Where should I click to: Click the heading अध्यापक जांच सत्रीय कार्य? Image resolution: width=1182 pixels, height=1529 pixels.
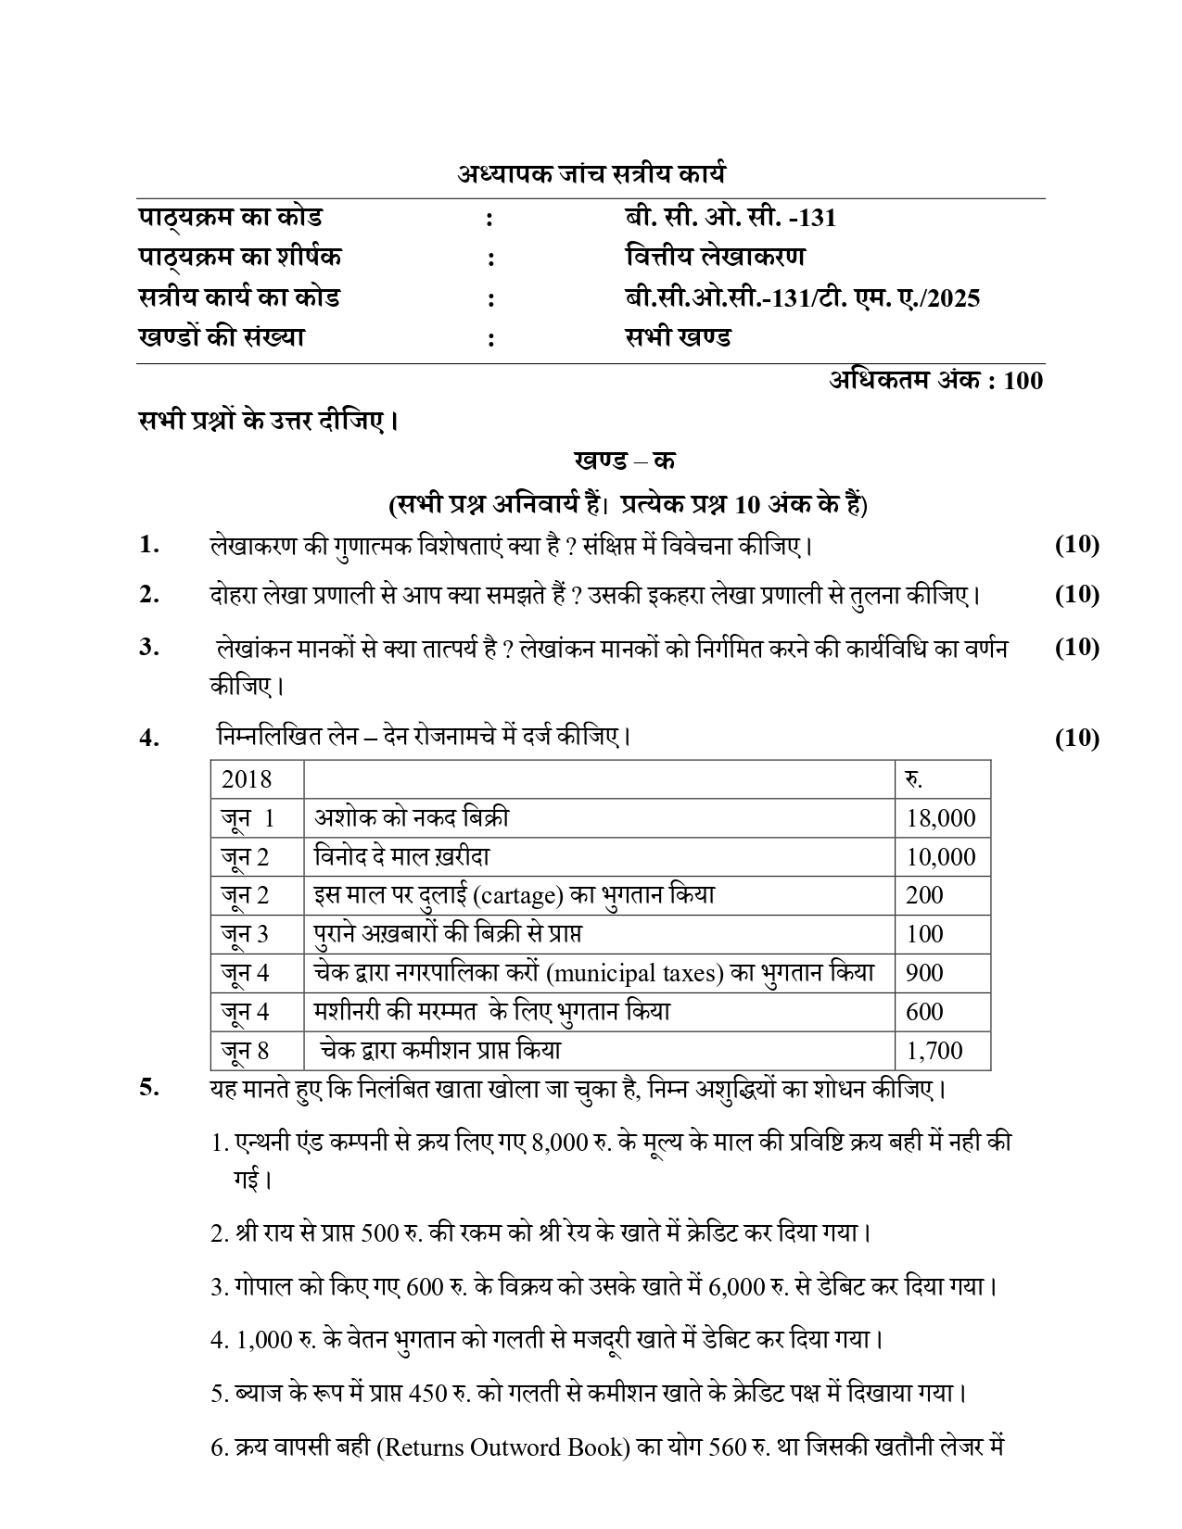coord(591,173)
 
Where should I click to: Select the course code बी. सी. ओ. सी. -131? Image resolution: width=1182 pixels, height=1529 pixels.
coord(731,218)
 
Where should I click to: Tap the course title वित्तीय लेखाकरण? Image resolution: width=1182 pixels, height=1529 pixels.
coord(715,257)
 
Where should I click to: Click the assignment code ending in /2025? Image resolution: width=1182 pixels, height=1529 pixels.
coord(802,297)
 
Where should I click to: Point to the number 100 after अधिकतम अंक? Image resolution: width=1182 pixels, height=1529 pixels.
coord(1023,380)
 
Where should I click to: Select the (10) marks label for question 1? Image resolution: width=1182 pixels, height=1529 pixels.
coord(1076,544)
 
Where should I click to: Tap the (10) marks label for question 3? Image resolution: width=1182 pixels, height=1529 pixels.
coord(1076,647)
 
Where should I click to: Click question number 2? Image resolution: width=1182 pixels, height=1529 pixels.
coord(149,594)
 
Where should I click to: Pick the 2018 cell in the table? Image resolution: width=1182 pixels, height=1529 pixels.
coord(247,779)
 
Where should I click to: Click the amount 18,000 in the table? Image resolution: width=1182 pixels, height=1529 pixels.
coord(940,818)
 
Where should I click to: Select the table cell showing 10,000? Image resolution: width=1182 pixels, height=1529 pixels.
coord(940,857)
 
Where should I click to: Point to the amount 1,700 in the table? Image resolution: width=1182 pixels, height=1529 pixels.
coord(934,1051)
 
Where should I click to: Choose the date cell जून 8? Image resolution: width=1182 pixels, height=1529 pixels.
coord(246,1051)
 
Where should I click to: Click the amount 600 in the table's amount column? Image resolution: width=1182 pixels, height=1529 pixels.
coord(924,1012)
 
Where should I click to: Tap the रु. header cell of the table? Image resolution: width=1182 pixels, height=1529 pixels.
coord(913,779)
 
